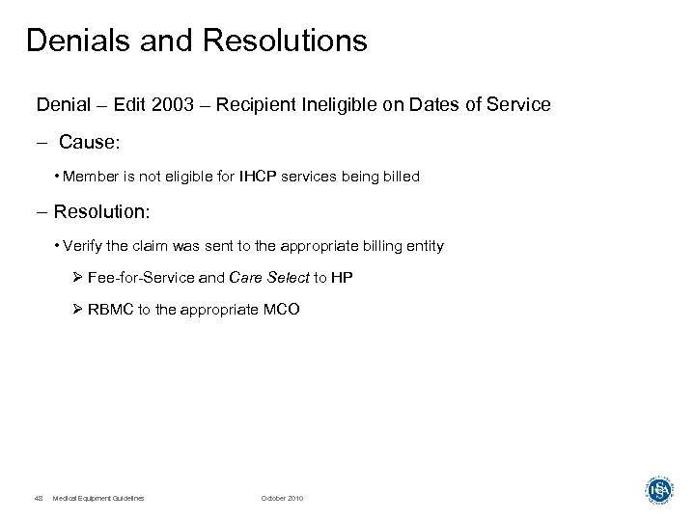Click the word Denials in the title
(x=73, y=41)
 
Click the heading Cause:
(x=90, y=143)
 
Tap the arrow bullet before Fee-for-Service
(x=78, y=277)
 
